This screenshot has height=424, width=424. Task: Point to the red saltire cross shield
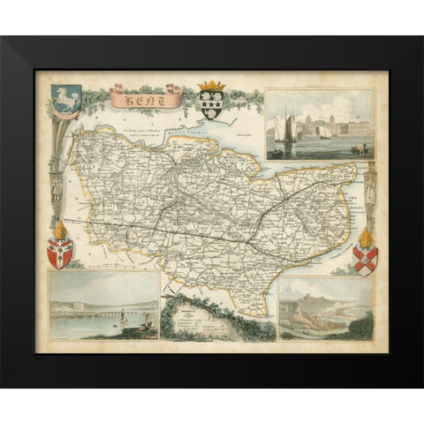[365, 261]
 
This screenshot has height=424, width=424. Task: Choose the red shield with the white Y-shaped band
[59, 254]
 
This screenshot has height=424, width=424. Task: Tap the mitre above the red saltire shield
[365, 237]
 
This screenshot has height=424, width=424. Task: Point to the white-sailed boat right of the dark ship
[324, 131]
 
